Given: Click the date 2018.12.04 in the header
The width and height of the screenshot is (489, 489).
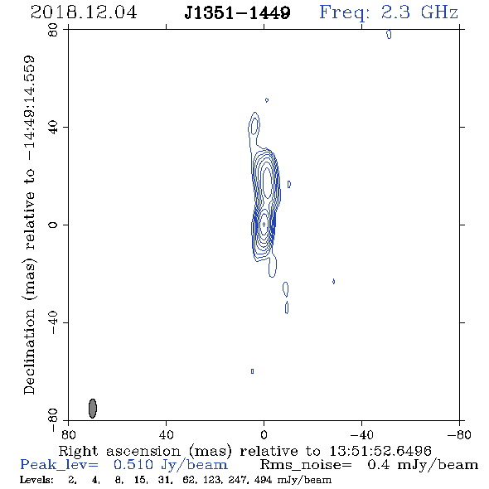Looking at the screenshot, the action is click(84, 12).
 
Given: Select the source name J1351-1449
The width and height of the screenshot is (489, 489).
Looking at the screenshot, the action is click(237, 12).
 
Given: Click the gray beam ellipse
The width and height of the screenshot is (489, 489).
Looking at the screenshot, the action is click(93, 409).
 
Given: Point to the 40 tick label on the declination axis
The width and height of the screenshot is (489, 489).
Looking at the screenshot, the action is click(53, 127).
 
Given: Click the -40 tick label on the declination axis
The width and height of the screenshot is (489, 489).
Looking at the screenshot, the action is click(53, 322).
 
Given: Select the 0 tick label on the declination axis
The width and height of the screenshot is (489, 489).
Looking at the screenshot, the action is click(53, 225).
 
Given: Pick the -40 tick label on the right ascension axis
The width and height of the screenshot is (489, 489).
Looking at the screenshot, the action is click(361, 434).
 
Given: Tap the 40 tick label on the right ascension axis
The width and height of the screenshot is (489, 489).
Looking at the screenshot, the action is click(166, 434).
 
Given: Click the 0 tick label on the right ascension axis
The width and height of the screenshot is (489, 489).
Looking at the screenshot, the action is click(264, 434).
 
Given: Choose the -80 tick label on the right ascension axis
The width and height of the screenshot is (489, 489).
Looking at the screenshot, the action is click(459, 434).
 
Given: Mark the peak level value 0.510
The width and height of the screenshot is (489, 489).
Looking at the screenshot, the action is click(133, 465).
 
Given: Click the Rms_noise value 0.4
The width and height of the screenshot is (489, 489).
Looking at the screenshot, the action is click(378, 465).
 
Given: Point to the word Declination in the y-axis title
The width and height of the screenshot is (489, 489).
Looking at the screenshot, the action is click(29, 351).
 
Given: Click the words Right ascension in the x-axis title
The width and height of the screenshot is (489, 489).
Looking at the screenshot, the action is click(119, 451).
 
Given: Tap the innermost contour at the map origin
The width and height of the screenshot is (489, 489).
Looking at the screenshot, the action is click(264, 224).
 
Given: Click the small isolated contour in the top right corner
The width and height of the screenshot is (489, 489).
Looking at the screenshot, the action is click(389, 34).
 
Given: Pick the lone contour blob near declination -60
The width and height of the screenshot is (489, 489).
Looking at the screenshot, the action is click(252, 371).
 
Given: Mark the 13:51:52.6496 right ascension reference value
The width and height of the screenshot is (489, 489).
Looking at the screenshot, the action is click(380, 451).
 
